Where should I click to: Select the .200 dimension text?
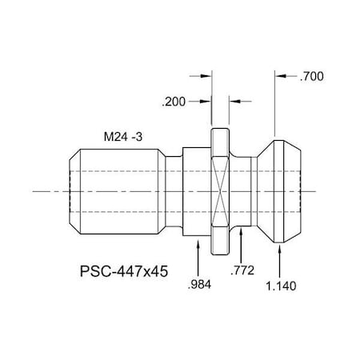click(174, 102)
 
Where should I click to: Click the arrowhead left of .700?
click(279, 78)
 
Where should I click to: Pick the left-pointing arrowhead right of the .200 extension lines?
click(234, 102)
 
